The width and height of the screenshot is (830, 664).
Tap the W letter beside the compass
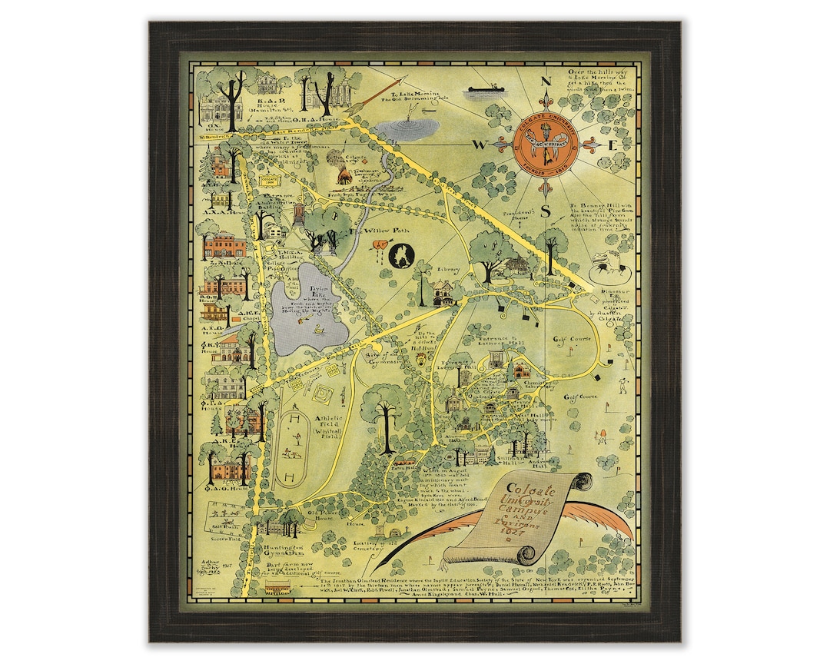coord(478,144)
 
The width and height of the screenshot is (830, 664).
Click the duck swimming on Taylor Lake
coord(317,329)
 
